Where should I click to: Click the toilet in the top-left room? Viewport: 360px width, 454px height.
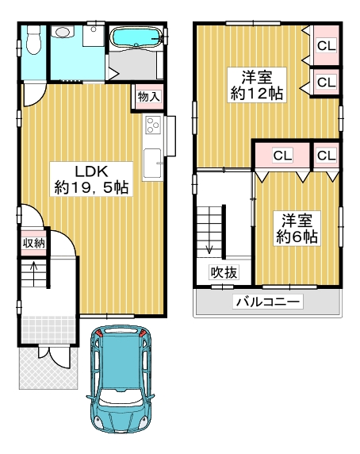(34, 40)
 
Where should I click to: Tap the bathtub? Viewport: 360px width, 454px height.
(136, 37)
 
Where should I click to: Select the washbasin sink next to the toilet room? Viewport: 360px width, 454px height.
(63, 31)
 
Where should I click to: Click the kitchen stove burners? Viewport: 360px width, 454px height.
(153, 125)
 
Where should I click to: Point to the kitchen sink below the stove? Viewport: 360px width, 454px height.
(152, 164)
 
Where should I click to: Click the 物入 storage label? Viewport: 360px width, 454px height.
(148, 96)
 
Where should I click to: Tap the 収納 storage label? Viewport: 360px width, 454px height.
(34, 243)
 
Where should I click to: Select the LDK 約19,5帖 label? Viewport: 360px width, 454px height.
(91, 179)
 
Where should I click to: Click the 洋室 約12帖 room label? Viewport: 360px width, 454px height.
(257, 85)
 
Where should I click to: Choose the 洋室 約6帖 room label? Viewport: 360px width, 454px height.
(297, 229)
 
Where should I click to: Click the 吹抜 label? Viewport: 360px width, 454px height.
(224, 272)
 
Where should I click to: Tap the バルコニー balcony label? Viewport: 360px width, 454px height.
(268, 302)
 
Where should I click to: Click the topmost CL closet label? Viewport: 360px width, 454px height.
(327, 45)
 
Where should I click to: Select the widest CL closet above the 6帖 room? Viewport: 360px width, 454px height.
(282, 156)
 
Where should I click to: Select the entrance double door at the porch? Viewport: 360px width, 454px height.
(55, 356)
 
